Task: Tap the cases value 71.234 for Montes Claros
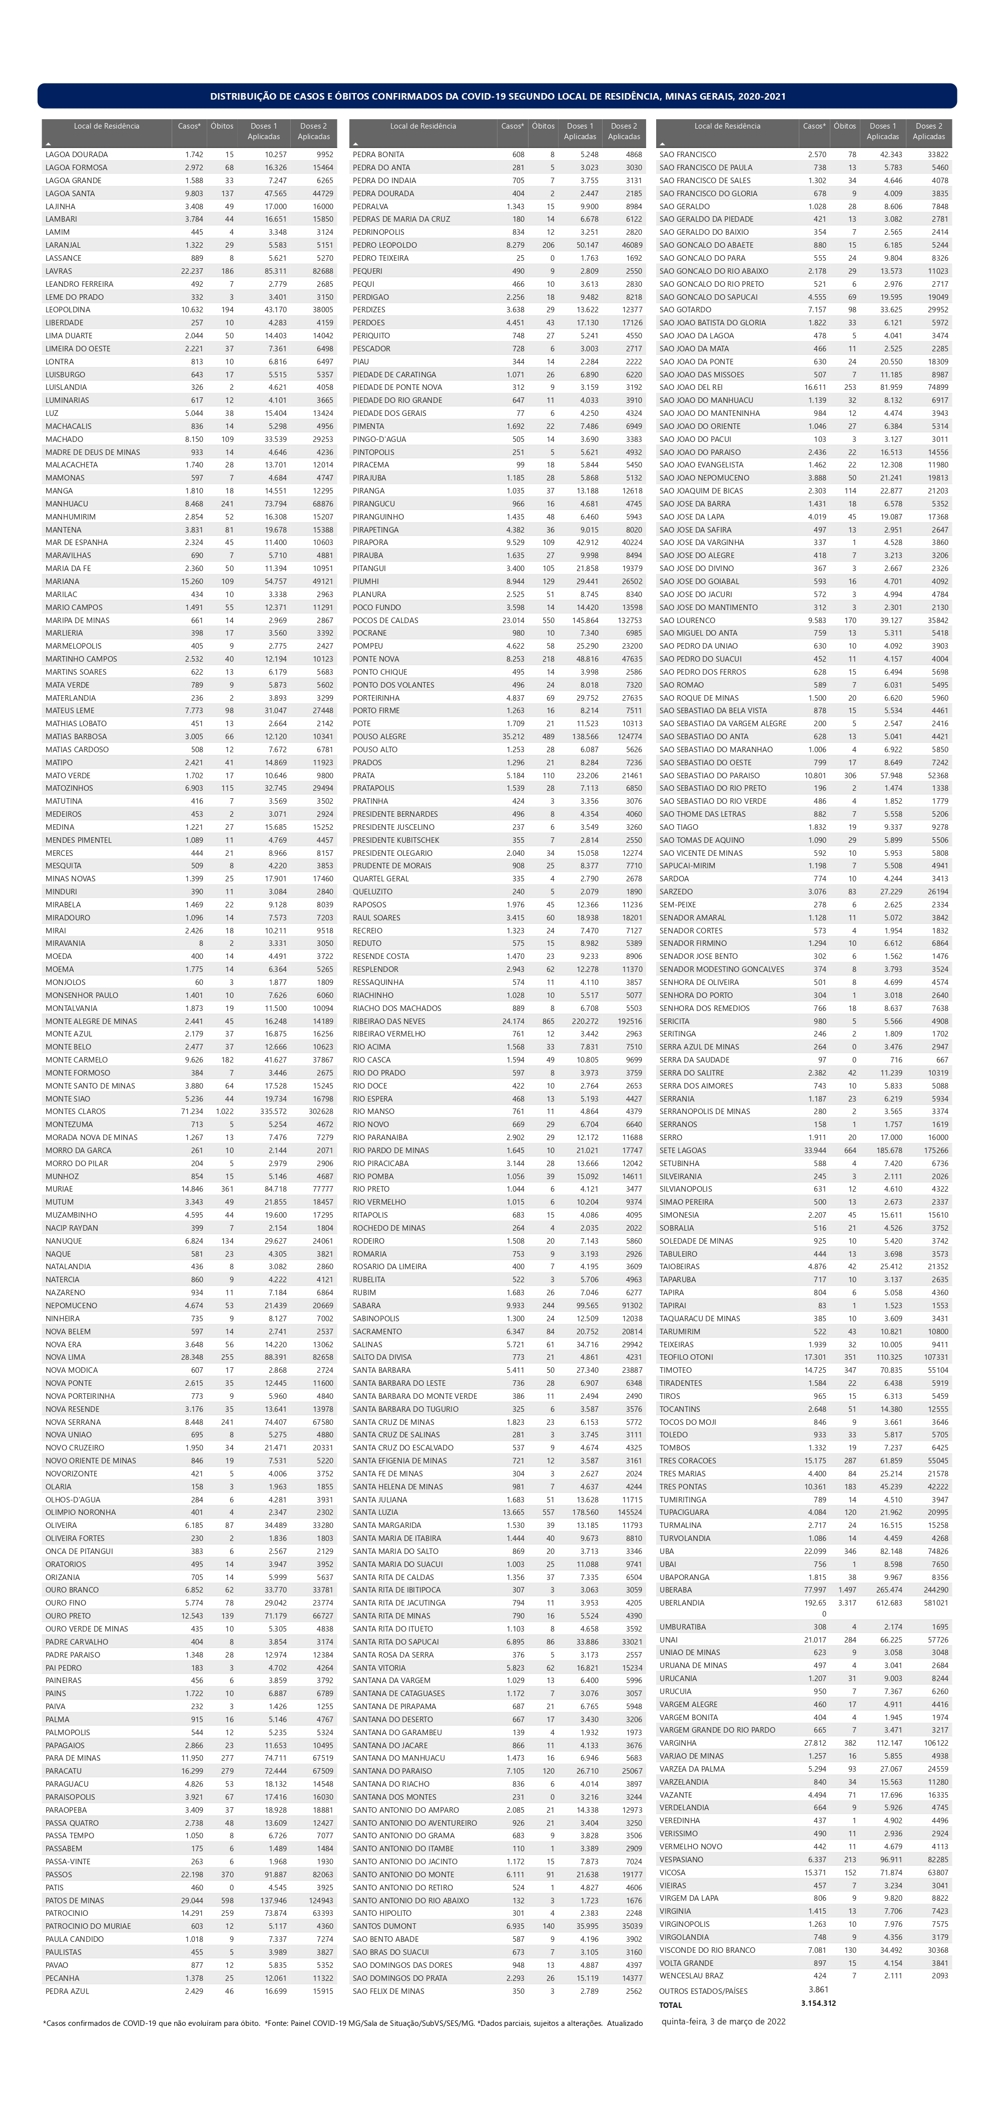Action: tap(192, 1112)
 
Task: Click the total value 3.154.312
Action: tap(818, 2003)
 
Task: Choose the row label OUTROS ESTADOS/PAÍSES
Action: tap(703, 1991)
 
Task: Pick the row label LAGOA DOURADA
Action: tap(76, 155)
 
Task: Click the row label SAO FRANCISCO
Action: tap(687, 155)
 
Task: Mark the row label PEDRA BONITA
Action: tap(378, 155)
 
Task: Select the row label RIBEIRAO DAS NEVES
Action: tap(389, 1020)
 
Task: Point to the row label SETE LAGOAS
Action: tap(682, 1150)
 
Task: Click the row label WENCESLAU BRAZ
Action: tap(691, 1976)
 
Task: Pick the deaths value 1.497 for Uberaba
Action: tap(846, 1589)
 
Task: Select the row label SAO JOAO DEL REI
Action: tap(691, 387)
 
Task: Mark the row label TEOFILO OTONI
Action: tap(686, 1357)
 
